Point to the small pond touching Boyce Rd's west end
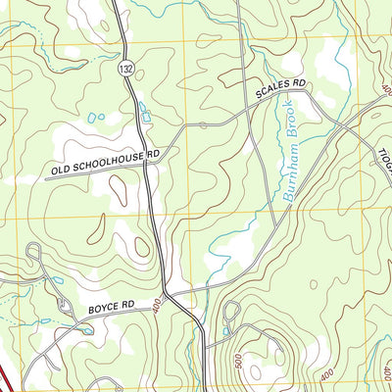click(86, 330)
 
